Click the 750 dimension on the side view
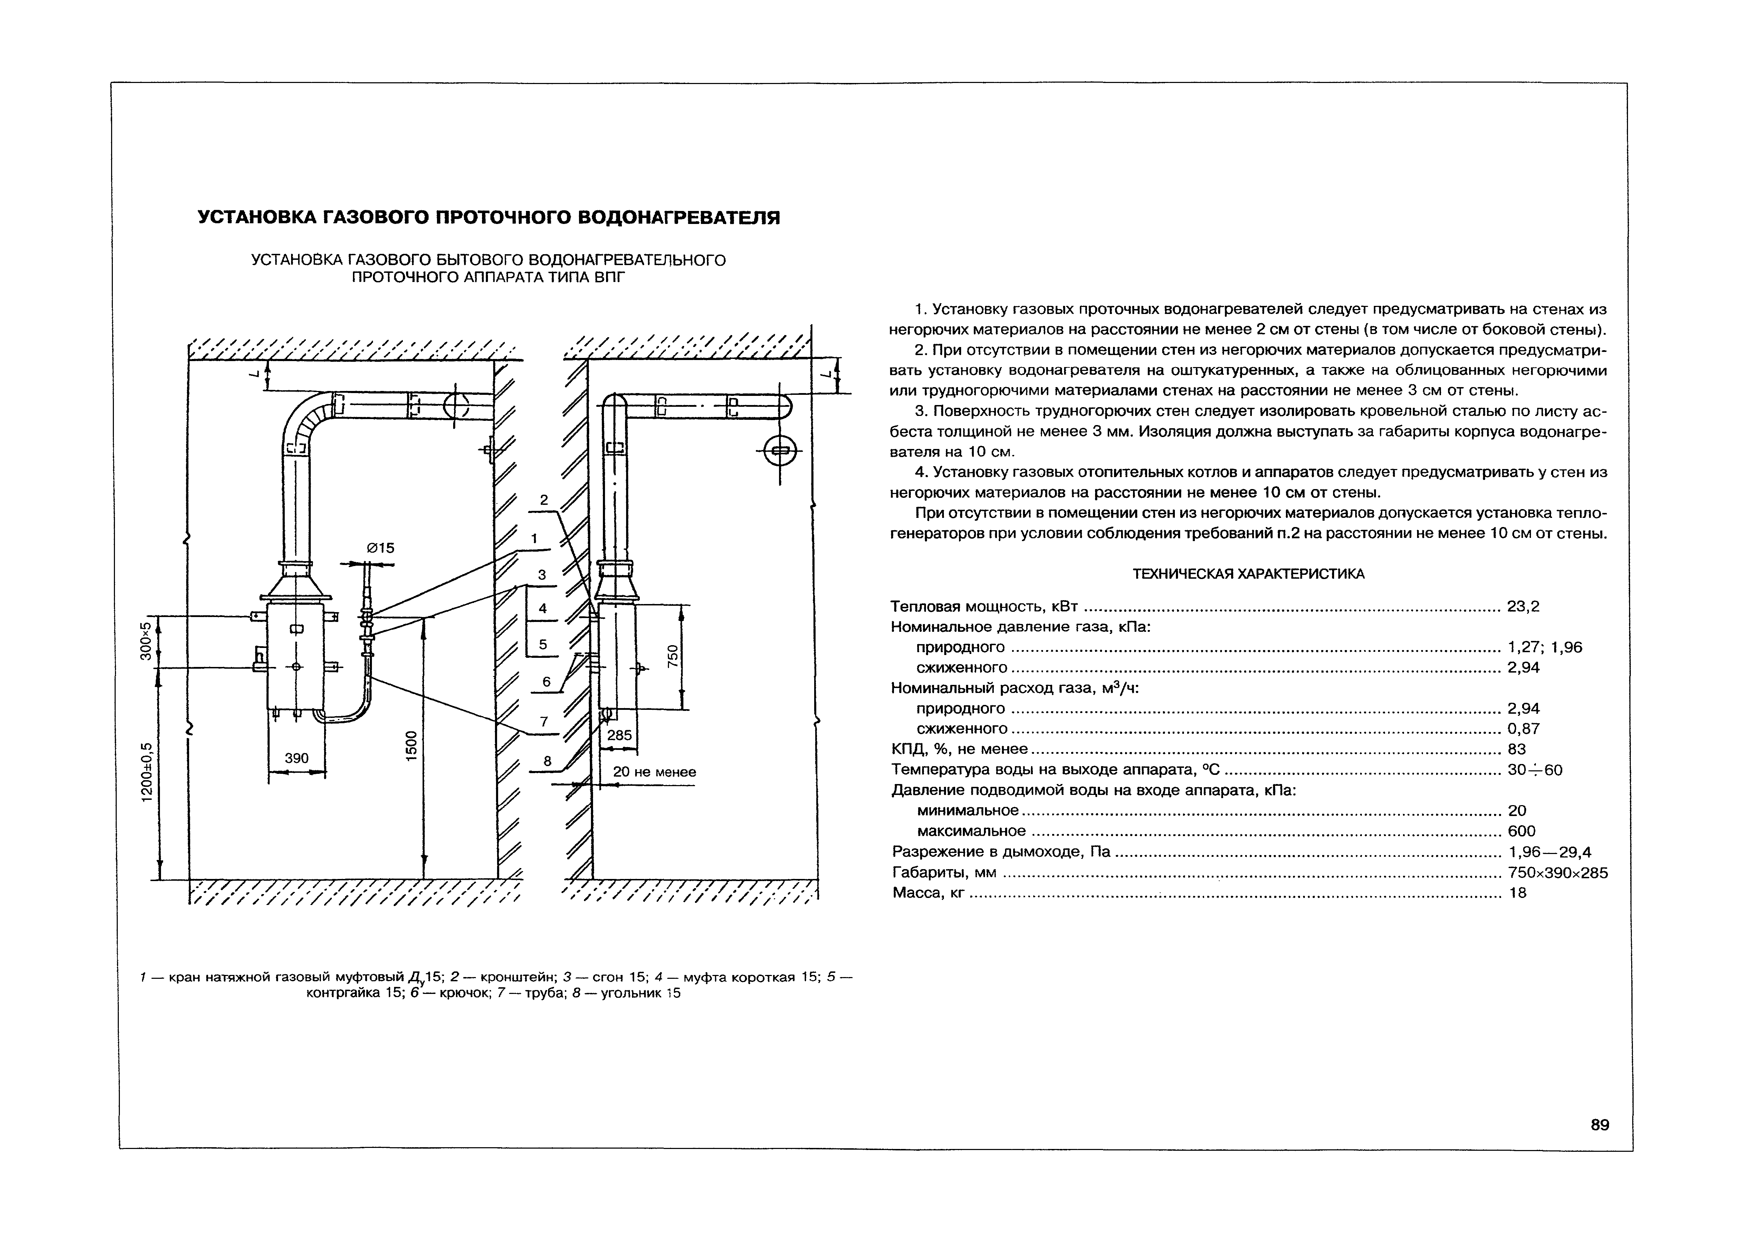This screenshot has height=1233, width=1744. click(671, 656)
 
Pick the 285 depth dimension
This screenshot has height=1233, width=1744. click(619, 736)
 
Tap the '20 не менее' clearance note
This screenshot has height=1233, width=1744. click(654, 772)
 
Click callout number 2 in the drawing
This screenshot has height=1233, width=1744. click(543, 500)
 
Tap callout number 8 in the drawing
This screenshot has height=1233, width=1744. click(547, 760)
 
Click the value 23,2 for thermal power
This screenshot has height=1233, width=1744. click(1523, 606)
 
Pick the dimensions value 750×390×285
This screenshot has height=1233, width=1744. click(1557, 873)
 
